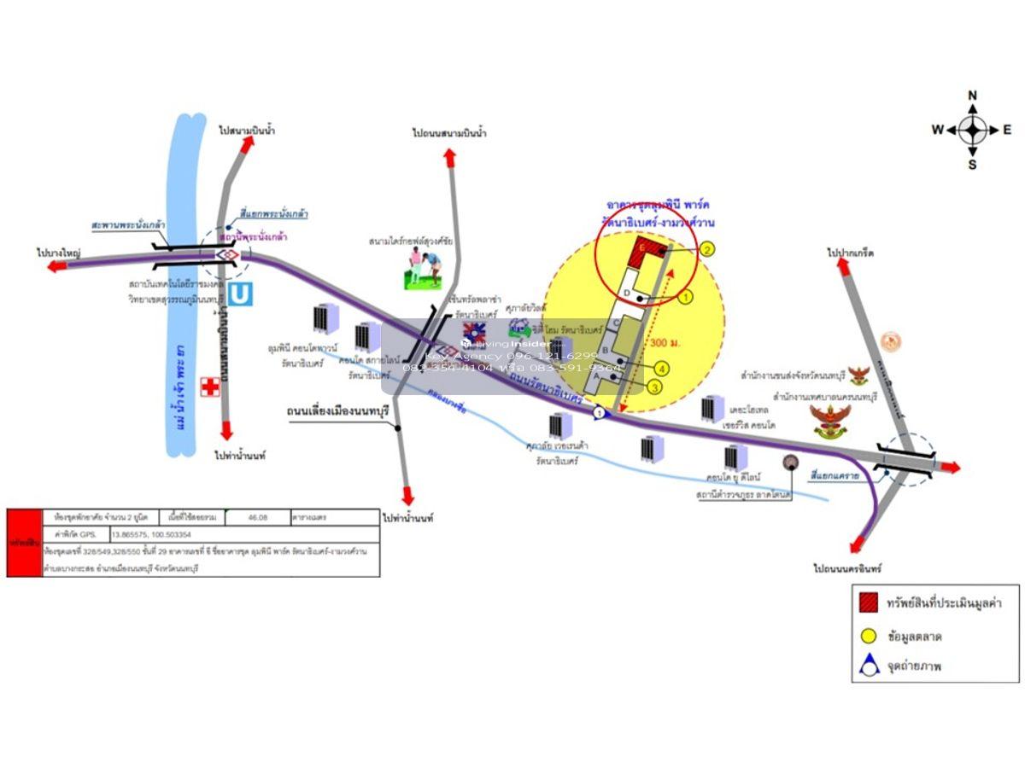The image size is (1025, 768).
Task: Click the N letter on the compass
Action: tap(972, 96)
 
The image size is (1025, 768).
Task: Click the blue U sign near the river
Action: tap(242, 294)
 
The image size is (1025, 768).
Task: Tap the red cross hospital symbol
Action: tap(209, 387)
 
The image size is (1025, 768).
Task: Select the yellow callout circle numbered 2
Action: tap(707, 249)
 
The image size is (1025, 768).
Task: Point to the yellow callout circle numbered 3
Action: tap(655, 387)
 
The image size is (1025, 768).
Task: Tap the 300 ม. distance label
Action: tap(664, 343)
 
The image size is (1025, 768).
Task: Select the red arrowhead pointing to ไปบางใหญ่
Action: tap(57, 266)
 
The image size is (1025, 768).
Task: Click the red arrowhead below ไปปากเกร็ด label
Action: tap(843, 268)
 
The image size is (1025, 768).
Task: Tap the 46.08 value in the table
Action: tap(257, 517)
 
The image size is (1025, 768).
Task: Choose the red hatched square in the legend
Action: tap(870, 602)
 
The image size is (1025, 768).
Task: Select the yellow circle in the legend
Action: tap(870, 636)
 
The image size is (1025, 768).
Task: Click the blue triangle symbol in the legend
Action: tap(870, 666)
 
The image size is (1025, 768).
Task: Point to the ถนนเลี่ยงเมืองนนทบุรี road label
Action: tap(337, 412)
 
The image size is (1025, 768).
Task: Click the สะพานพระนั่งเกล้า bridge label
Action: tap(128, 224)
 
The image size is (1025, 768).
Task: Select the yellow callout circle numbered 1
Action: tap(685, 297)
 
